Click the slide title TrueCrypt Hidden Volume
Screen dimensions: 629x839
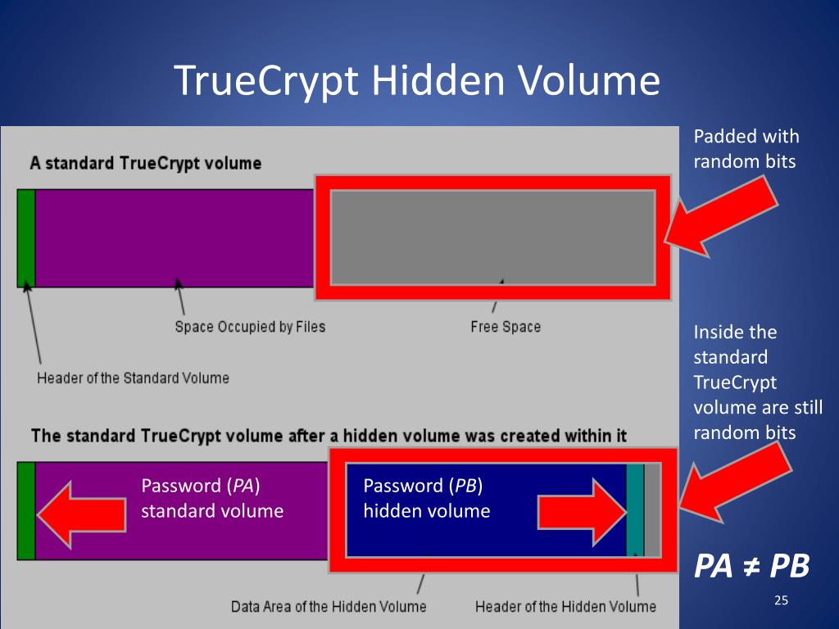tap(417, 81)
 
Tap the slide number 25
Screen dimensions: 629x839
tap(780, 602)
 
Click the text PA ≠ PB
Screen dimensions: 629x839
tap(752, 565)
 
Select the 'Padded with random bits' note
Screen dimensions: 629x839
tap(746, 148)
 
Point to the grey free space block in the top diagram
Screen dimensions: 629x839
tap(492, 237)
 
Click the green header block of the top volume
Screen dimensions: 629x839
tap(26, 238)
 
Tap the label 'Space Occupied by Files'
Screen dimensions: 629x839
tap(250, 327)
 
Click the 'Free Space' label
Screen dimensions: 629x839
tap(506, 327)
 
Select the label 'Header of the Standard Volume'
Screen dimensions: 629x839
tap(133, 378)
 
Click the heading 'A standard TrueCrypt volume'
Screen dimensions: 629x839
tap(146, 163)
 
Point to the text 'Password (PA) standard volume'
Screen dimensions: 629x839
tap(212, 498)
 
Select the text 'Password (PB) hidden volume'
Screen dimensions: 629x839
tap(426, 498)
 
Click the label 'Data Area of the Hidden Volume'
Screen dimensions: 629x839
tap(329, 606)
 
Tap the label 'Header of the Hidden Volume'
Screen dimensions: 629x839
tap(565, 606)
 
